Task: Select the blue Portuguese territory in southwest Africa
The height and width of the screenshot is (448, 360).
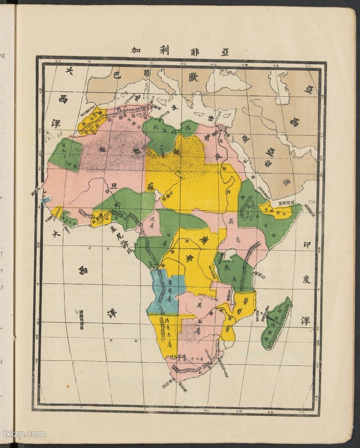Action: tap(165, 291)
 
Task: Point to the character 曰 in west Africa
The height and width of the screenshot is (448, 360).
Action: tap(112, 186)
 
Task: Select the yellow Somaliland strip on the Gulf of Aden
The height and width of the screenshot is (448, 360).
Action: tap(279, 210)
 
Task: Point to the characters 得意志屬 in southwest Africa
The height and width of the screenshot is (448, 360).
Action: tap(168, 332)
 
